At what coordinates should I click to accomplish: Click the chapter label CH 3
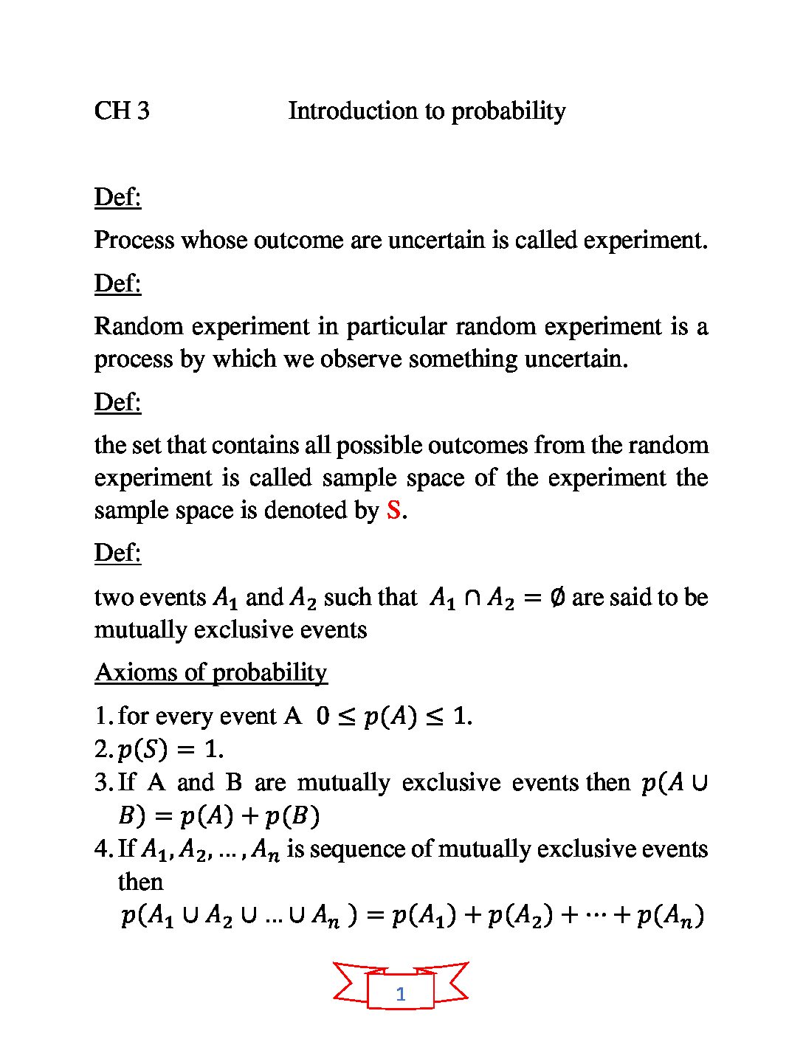point(122,111)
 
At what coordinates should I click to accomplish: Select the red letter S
point(394,510)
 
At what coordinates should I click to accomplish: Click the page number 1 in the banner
point(401,993)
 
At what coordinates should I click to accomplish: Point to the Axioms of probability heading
point(211,672)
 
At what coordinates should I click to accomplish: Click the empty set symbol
point(558,597)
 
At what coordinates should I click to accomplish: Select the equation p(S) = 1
point(170,749)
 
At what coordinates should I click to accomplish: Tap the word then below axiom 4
point(140,882)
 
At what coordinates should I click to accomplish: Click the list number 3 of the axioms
point(103,782)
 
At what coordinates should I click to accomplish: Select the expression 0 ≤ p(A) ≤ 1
point(394,716)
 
